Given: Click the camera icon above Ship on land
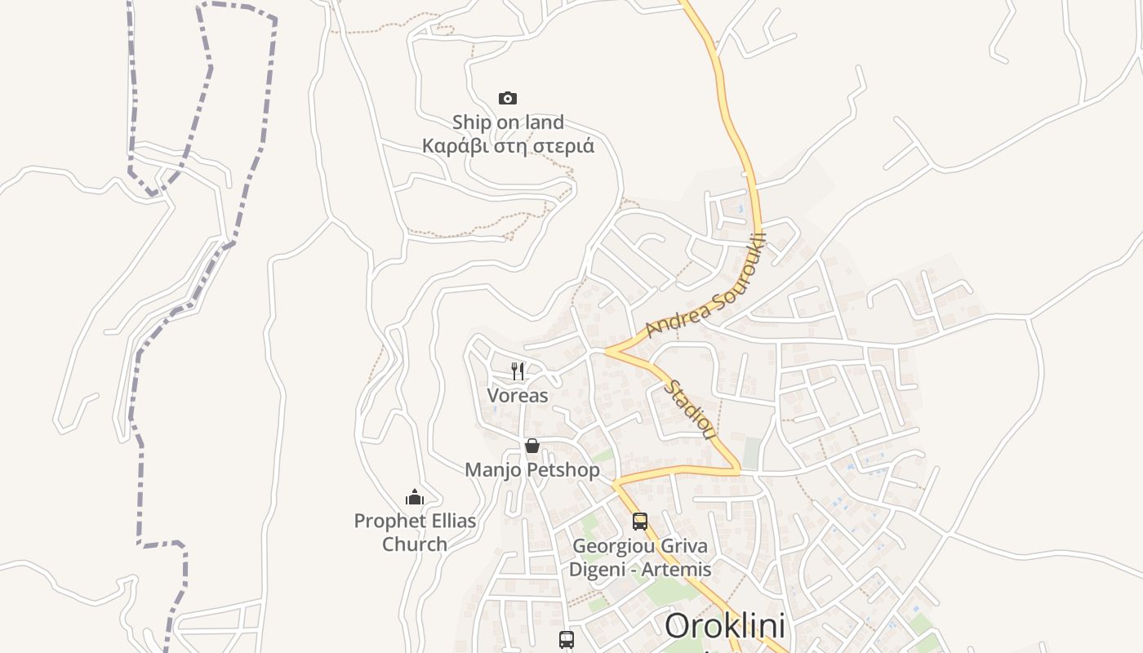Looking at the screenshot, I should (508, 99).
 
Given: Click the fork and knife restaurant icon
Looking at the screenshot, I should (518, 371).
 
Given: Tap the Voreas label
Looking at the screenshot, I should (518, 396).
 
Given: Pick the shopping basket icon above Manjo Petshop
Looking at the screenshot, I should (532, 446).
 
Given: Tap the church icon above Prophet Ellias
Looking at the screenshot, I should (415, 497).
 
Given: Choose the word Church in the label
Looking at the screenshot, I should (415, 544).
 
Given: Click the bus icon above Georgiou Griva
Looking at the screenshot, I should (640, 521).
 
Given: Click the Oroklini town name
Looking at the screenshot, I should (725, 627).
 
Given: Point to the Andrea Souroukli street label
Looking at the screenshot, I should (706, 286).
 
